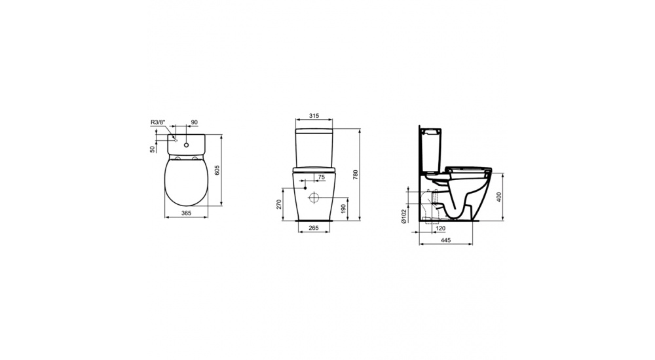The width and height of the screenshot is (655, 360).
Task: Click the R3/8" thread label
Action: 157,122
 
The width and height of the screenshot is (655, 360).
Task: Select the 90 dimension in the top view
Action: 194,122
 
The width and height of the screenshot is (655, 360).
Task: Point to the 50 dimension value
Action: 152,149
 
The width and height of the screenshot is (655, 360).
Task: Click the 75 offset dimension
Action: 321,177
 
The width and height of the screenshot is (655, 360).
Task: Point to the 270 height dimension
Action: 278,204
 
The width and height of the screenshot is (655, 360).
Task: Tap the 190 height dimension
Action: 344,208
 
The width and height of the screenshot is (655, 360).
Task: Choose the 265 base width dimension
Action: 314,228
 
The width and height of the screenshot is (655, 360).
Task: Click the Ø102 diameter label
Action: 405,215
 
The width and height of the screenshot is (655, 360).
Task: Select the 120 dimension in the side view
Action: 440,228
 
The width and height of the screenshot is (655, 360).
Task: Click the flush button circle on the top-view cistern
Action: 187,144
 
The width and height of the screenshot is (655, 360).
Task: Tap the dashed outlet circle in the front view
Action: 314,198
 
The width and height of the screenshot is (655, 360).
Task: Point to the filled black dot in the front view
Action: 305,188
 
